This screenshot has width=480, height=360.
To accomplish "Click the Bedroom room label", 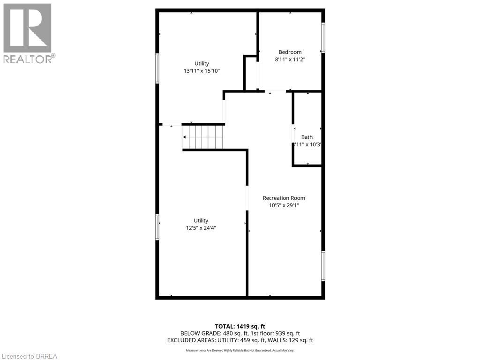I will point(290,52).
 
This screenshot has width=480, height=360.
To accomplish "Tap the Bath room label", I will point(307,137).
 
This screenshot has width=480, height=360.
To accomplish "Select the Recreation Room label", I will point(284,198).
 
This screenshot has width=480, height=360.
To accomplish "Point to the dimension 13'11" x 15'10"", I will point(202,71).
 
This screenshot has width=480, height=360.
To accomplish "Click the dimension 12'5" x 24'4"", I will point(201,228).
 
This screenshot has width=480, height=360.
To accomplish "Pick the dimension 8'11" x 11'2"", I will point(290,60).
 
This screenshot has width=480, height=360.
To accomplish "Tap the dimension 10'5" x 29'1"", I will point(284,205).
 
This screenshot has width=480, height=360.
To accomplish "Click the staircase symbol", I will point(203,137).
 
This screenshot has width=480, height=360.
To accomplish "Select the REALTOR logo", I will point(28,33).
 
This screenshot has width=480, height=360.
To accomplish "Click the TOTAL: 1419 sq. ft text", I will point(240,326).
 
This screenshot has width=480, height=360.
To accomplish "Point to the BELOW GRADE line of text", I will point(240,333).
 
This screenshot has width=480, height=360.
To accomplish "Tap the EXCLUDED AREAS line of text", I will point(240,340).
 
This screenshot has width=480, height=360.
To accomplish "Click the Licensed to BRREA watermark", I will point(29,356).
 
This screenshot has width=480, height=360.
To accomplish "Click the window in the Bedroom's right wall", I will point(323,37).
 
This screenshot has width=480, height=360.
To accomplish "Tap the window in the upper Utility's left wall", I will point(157,68).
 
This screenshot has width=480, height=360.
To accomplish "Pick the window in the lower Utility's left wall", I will point(157,227).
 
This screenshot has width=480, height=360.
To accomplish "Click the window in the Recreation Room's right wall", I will point(323,266).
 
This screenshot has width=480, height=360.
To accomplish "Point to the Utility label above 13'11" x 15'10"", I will point(202,63).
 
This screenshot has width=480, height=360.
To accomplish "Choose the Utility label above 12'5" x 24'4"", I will point(201,220).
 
